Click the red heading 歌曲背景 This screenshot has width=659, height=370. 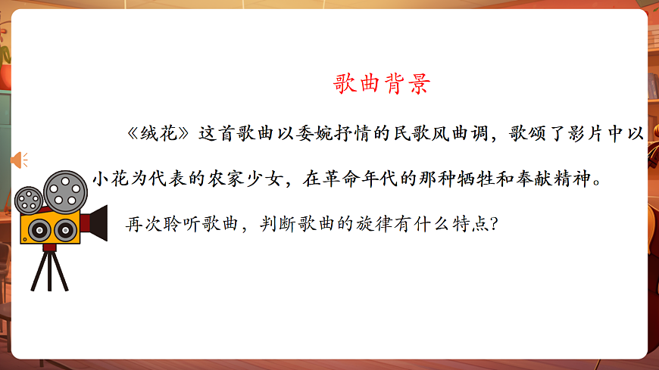point(382,83)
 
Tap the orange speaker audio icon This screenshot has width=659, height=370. point(18,160)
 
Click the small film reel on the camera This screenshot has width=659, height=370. point(30,199)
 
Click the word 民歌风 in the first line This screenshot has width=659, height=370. point(415,134)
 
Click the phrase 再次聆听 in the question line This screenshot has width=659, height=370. point(159,225)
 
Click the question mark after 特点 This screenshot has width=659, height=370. point(493,225)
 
